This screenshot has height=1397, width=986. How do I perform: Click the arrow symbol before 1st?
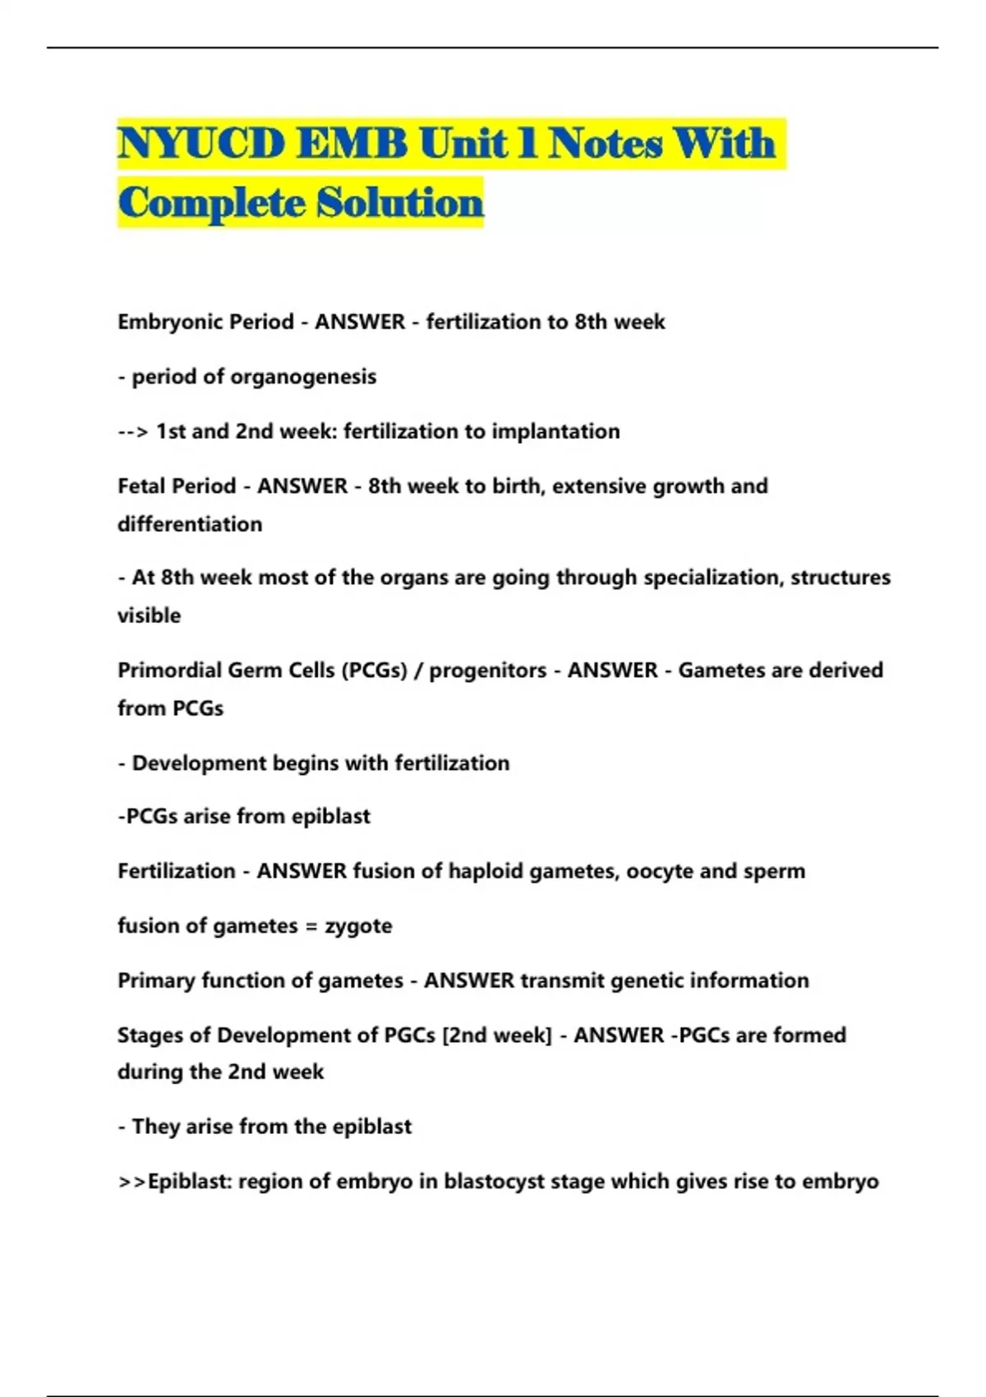coord(133,431)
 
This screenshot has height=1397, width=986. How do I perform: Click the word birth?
coord(517,486)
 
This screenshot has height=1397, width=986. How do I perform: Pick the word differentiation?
coord(190,524)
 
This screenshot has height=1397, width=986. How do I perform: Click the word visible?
coord(149,616)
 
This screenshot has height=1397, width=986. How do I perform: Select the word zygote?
coord(358,926)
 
